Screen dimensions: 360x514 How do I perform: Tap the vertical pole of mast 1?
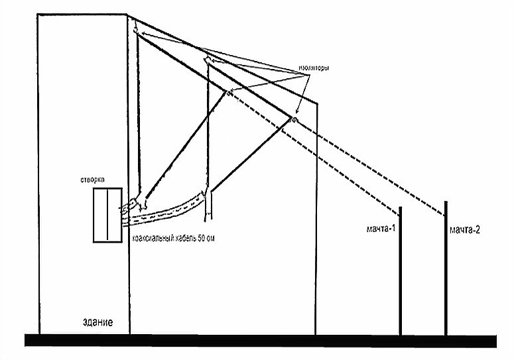400,278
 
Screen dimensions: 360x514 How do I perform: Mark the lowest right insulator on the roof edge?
292,119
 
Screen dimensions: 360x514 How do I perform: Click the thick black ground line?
259,340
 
